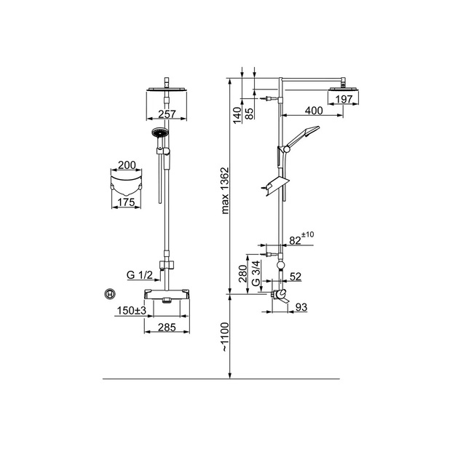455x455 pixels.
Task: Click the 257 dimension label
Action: [x=167, y=114]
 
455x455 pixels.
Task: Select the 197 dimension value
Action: [x=344, y=99]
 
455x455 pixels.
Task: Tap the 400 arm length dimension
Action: [x=314, y=111]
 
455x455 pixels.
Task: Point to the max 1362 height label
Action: [x=225, y=190]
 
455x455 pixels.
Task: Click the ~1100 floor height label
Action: [x=225, y=337]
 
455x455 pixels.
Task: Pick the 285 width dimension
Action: [x=167, y=328]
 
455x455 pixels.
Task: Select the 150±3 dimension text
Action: [x=132, y=311]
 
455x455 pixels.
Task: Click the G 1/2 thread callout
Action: [x=140, y=274]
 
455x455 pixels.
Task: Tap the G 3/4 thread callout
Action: [x=256, y=273]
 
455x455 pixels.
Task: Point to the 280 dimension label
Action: [x=242, y=273]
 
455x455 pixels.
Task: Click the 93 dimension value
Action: [x=301, y=307]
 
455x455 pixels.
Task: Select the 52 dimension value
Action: [x=296, y=277]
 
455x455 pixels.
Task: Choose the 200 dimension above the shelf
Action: [x=127, y=165]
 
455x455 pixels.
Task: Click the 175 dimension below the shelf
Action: [x=127, y=202]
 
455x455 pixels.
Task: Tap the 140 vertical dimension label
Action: [x=237, y=115]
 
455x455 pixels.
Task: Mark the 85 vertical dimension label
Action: [x=249, y=113]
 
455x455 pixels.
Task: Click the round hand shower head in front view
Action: [x=159, y=132]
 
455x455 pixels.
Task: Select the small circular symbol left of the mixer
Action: [x=110, y=294]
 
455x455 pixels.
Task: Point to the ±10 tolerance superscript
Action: [x=308, y=234]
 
